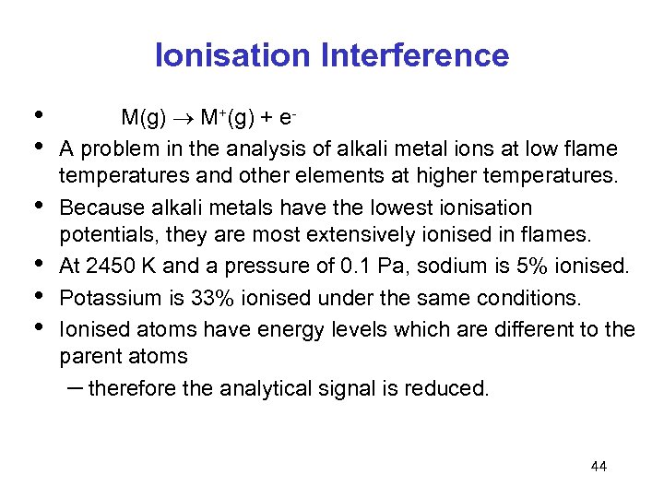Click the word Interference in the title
pos(414,56)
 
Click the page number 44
pos(599,467)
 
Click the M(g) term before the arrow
pos(142,119)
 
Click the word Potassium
pos(103,298)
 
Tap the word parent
pos(89,357)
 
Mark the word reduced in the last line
pos(450,388)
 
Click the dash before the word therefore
pos(74,387)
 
